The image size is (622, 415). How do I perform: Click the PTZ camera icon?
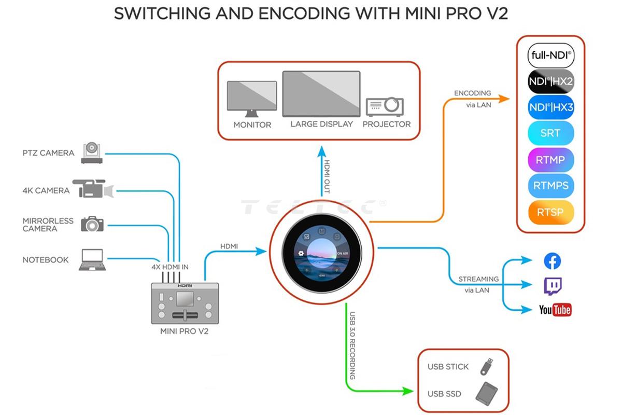pos(93,153)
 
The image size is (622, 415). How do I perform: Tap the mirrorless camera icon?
pos(92,224)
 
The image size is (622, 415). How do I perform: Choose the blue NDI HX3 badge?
pos(550,107)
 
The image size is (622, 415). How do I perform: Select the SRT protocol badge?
pos(550,133)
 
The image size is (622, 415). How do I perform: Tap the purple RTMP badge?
pos(550,160)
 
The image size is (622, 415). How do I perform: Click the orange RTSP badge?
pos(550,212)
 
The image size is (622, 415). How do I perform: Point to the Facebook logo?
pos(553,261)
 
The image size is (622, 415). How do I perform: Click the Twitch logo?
pos(553,285)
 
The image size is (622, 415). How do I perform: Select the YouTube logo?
pos(555,310)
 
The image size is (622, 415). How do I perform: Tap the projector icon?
pos(385,106)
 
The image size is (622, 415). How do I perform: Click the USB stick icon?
pos(487,366)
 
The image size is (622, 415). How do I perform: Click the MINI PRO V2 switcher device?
pos(184,304)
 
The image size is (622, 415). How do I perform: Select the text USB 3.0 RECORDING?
pos(352,345)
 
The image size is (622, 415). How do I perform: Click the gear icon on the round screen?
pos(301,254)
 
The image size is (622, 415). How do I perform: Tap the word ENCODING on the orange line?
pos(472,93)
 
